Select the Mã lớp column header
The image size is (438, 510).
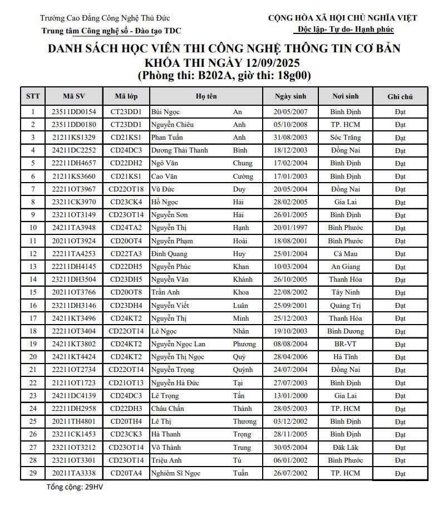click(x=126, y=96)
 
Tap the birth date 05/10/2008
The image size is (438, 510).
click(x=290, y=125)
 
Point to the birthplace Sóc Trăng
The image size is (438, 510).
click(x=345, y=138)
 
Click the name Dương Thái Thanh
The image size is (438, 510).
click(x=179, y=150)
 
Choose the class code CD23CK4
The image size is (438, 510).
click(x=126, y=202)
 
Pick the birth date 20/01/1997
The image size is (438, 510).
click(x=290, y=228)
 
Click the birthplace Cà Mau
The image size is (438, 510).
click(x=345, y=253)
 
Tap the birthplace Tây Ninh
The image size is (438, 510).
click(x=345, y=292)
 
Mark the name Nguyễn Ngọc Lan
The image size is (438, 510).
click(x=178, y=344)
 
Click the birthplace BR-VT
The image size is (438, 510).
click(x=345, y=344)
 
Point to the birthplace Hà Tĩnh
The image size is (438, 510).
click(x=345, y=357)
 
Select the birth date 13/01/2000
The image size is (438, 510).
click(x=290, y=396)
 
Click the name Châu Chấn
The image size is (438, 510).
click(x=168, y=409)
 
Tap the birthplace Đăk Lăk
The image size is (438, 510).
click(x=345, y=448)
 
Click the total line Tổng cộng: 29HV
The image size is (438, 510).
click(x=75, y=487)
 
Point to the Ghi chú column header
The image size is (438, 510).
click(x=400, y=96)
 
